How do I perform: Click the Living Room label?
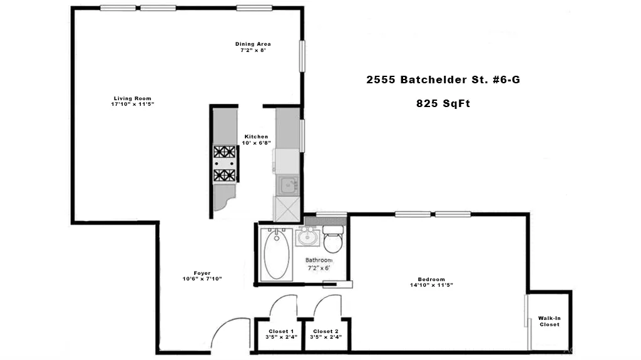(x=132, y=98)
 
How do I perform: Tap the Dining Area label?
(x=253, y=44)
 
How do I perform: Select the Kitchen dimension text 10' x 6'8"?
(x=257, y=143)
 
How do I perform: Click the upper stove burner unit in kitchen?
(x=225, y=152)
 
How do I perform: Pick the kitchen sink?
(x=288, y=185)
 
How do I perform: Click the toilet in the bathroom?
(x=333, y=239)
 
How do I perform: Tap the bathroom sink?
(x=307, y=237)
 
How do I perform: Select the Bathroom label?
(x=319, y=260)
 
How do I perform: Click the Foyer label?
(x=202, y=273)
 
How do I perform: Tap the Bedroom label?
(x=431, y=279)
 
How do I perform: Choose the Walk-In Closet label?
(x=550, y=321)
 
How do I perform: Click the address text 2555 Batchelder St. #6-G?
(x=443, y=80)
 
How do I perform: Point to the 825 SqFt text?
(x=443, y=104)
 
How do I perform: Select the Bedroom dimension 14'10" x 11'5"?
(x=431, y=285)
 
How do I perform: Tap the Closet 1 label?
(x=279, y=331)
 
